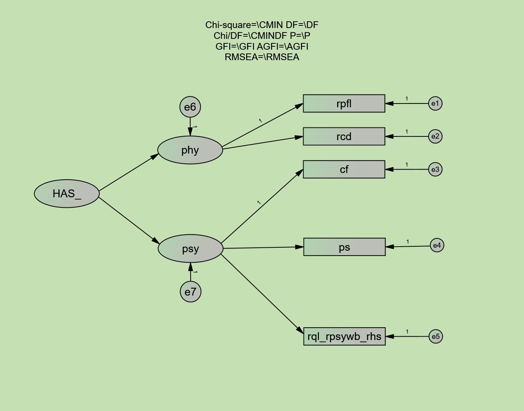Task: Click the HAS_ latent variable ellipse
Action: (x=67, y=194)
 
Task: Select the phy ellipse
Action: (x=190, y=150)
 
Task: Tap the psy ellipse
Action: (x=191, y=248)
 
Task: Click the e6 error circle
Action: (x=190, y=107)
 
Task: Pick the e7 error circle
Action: (x=191, y=292)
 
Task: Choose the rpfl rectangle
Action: (x=344, y=103)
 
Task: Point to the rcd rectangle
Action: (x=344, y=136)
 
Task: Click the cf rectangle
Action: (x=344, y=169)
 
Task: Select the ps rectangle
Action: (x=344, y=247)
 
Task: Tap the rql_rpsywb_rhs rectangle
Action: (x=344, y=336)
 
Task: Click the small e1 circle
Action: (x=435, y=103)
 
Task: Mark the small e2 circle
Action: (x=435, y=136)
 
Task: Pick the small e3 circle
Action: (x=435, y=169)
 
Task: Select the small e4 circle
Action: (x=437, y=245)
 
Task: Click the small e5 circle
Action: (x=436, y=336)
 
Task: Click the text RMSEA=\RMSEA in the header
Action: (x=262, y=57)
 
